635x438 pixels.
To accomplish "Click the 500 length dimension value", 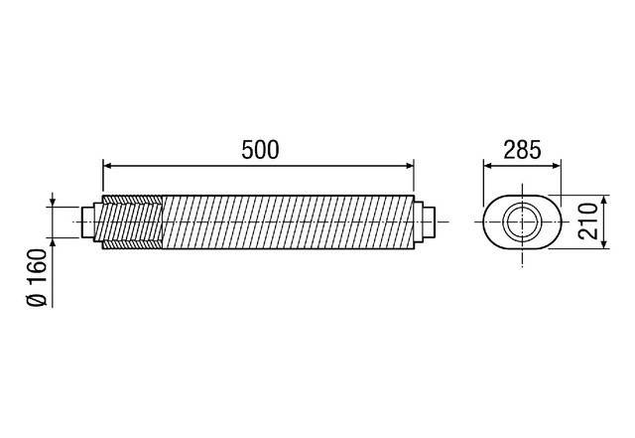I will pos(260,149).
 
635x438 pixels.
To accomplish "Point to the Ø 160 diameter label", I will pos(37,280).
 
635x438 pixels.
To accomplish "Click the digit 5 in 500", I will pos(247,149).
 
